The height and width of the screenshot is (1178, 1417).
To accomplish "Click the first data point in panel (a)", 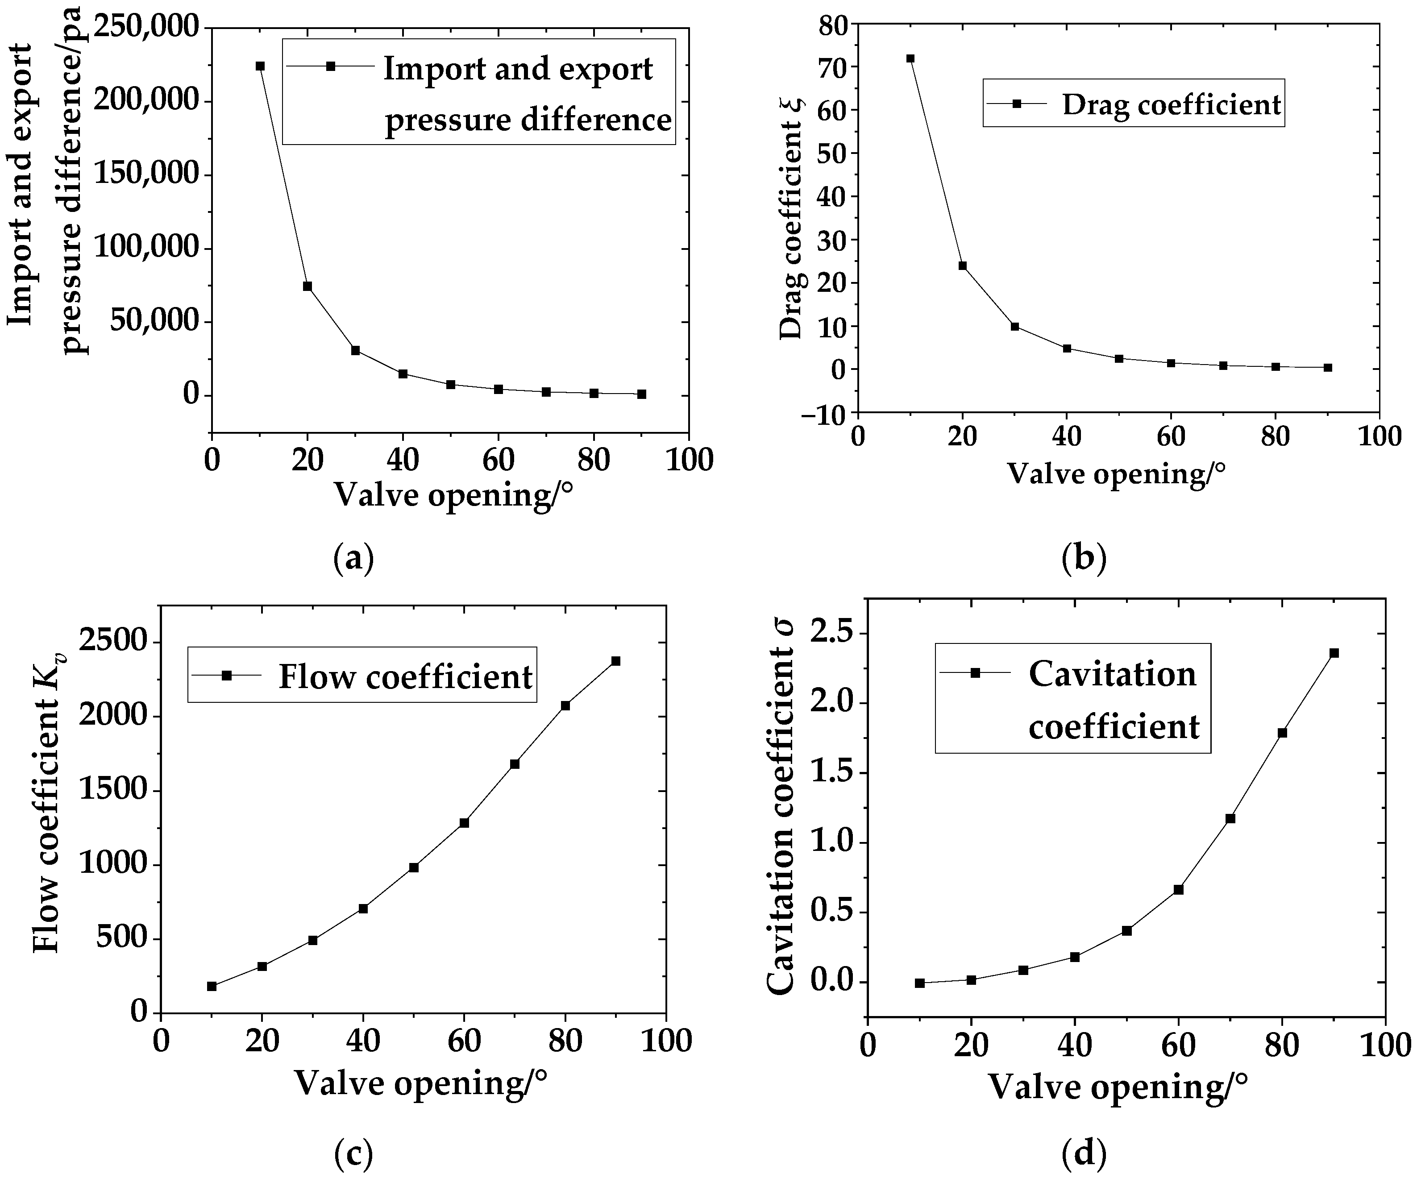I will [260, 66].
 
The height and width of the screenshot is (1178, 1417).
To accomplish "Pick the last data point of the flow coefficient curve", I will [615, 660].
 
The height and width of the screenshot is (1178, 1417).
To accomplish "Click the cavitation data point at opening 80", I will [1282, 733].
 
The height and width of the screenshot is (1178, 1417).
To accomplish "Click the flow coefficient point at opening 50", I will [414, 867].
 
